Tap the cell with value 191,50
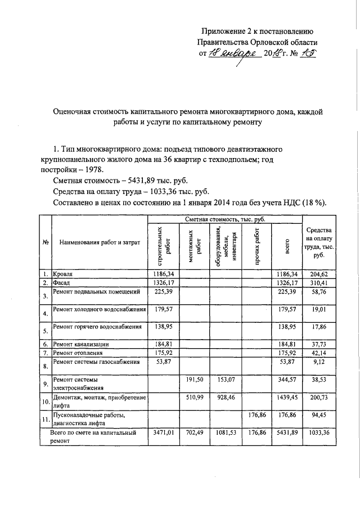tap(194, 380)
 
